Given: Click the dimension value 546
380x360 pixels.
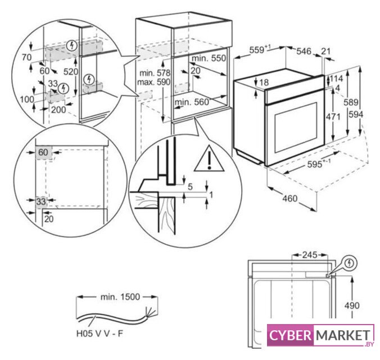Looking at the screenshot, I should click(304, 52).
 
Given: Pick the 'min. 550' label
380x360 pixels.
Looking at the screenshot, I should click(207, 58).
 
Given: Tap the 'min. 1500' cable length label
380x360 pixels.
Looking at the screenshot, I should click(117, 296).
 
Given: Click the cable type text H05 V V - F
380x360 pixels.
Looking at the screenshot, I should click(100, 334).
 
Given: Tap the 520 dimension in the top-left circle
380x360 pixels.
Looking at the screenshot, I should click(71, 72).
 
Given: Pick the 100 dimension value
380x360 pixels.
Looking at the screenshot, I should click(26, 99).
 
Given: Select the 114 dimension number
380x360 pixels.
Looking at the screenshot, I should click(337, 78).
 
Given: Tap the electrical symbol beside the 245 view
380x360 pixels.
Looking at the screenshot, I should click(350, 262).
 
